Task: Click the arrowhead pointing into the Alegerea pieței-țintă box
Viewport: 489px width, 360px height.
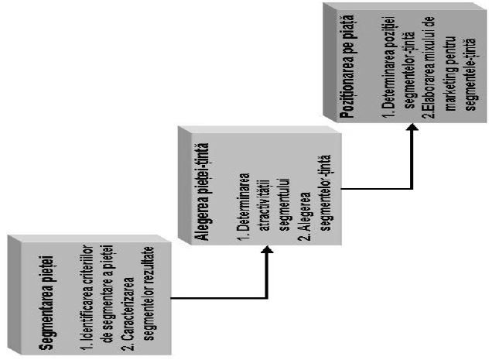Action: pyautogui.click(x=265, y=250)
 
